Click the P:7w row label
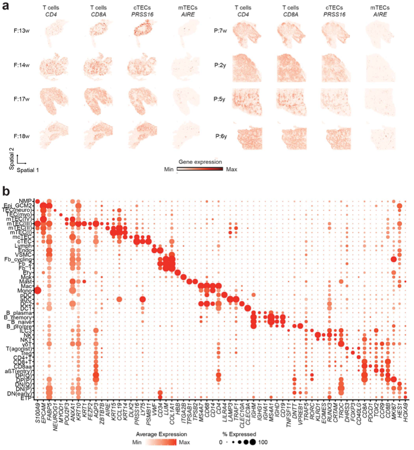[x=223, y=31]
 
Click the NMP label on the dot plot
[x=26, y=201]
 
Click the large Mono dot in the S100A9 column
[x=38, y=291]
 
